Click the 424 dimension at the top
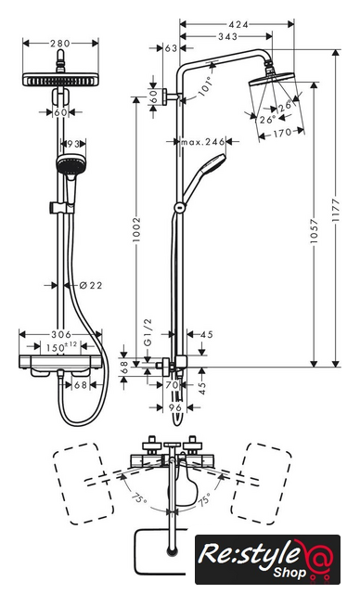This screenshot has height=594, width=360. pyautogui.click(x=238, y=25)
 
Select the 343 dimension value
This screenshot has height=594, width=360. pyautogui.click(x=228, y=36)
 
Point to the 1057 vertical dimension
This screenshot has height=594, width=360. pyautogui.click(x=314, y=231)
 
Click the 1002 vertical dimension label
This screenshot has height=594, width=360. pyautogui.click(x=136, y=229)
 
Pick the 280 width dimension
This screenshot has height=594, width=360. pyautogui.click(x=60, y=44)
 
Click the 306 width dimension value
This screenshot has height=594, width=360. pyautogui.click(x=61, y=334)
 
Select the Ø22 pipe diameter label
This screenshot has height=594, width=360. pyautogui.click(x=91, y=285)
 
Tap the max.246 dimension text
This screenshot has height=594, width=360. pyautogui.click(x=203, y=142)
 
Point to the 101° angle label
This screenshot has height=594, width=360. pyautogui.click(x=206, y=86)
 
